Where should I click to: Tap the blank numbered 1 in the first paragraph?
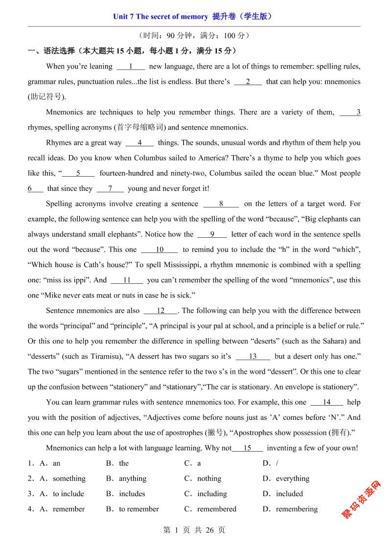click(131, 67)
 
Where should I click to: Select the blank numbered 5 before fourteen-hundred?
click(78, 173)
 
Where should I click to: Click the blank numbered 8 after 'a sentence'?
click(221, 204)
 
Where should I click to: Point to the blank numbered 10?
click(160, 250)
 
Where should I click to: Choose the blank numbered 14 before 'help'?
click(326, 402)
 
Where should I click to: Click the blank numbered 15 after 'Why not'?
click(247, 448)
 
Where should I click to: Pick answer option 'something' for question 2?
click(69, 479)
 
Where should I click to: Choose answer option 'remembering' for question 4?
click(297, 509)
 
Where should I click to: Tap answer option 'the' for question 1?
click(124, 463)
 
